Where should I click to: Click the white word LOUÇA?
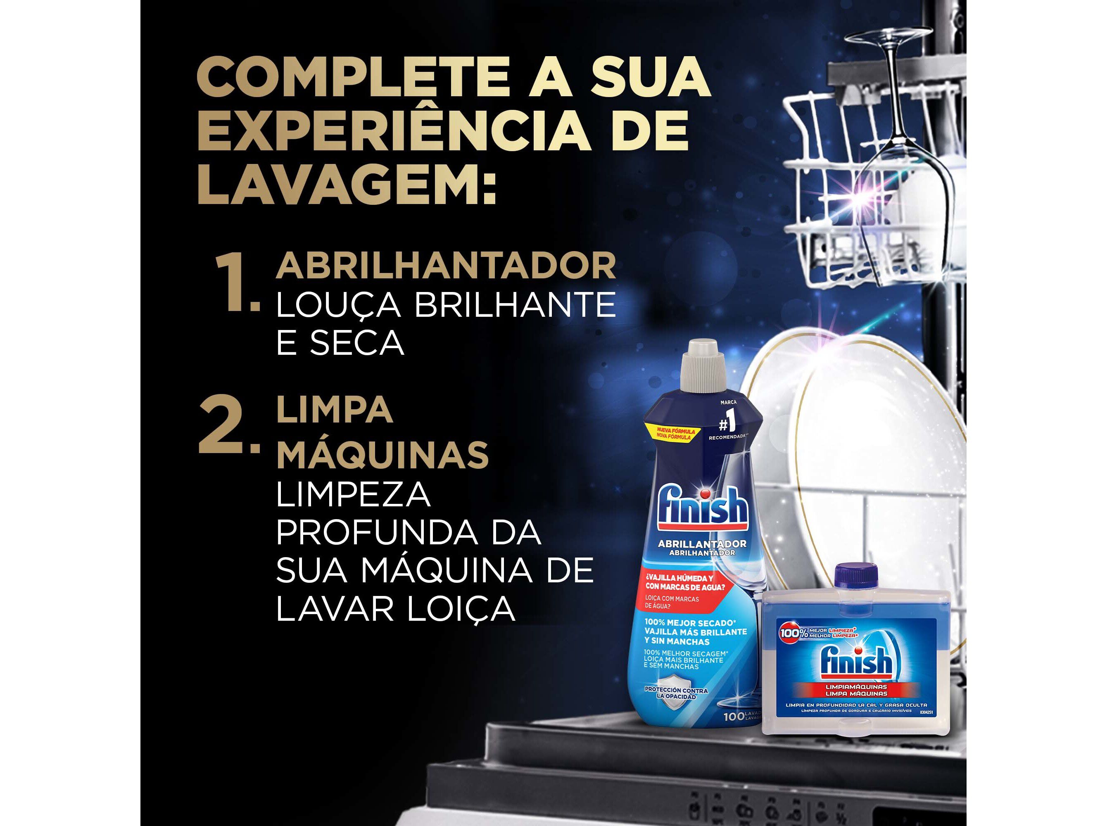click(x=338, y=304)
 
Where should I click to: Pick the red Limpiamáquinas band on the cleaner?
click(x=856, y=691)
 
